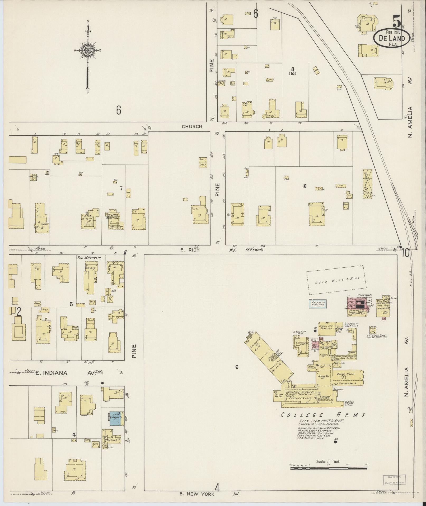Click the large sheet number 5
point(396,21)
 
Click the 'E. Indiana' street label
point(52,373)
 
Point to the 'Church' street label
point(192,126)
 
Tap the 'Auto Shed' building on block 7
point(203,162)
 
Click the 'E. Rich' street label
point(193,250)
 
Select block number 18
point(304,186)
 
